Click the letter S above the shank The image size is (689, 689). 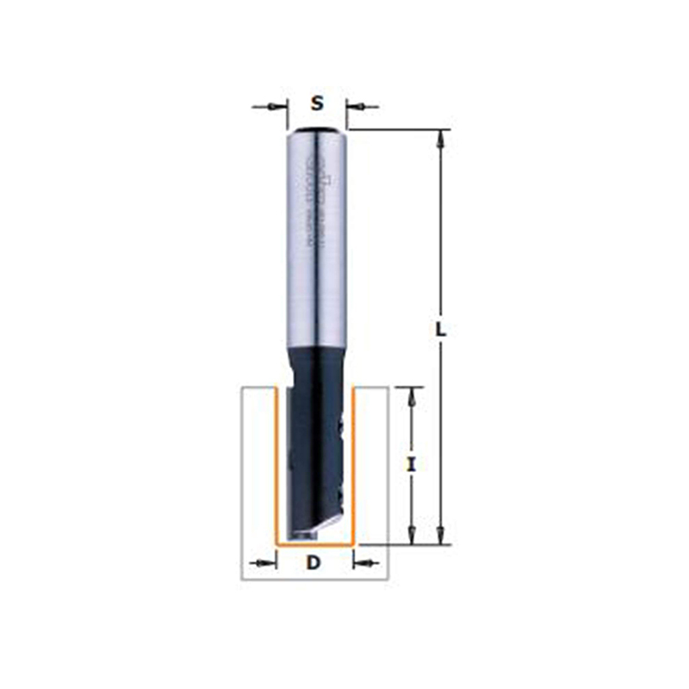317,104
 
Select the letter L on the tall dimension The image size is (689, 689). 440,329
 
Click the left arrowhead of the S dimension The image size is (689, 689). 277,107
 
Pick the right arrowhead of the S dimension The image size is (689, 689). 356,107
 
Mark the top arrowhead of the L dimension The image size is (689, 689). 440,138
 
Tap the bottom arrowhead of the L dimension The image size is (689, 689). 440,536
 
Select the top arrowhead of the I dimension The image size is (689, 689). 412,396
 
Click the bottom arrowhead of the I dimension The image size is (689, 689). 412,535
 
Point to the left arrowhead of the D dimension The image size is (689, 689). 266,564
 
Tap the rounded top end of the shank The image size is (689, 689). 317,131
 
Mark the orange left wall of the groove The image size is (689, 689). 275,465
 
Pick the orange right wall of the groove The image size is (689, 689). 357,465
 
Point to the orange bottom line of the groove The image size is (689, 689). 316,544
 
